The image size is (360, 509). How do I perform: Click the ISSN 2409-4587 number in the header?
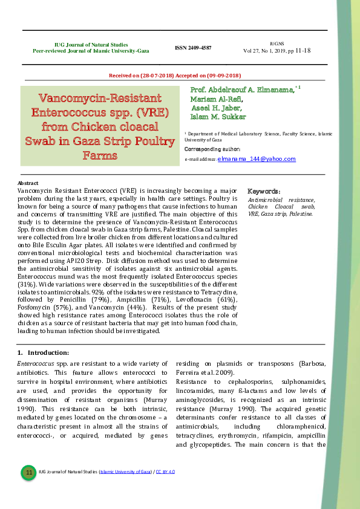(193, 48)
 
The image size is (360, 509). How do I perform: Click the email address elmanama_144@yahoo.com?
(257, 159)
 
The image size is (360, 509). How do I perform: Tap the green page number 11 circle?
(28, 472)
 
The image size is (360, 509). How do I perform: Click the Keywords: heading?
(264, 191)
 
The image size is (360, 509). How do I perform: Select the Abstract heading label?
(28, 183)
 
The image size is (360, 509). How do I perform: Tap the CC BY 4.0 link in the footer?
(165, 472)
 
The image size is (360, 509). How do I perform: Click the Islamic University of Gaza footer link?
(125, 472)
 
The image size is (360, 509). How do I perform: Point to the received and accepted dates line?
(174, 76)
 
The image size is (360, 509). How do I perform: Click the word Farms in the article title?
(100, 155)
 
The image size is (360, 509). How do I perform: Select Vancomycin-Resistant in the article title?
(100, 98)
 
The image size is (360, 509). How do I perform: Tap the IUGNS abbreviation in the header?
(277, 44)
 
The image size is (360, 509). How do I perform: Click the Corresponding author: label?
(212, 149)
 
